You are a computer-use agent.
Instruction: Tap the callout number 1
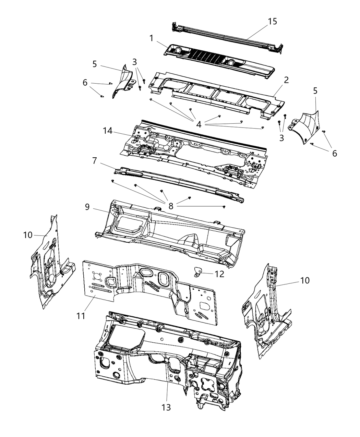point(151,38)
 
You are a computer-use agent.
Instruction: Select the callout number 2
point(286,80)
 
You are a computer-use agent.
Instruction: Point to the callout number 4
point(199,124)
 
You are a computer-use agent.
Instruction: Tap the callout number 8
point(171,206)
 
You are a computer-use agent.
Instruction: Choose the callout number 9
point(87,207)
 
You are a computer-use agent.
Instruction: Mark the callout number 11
point(81,315)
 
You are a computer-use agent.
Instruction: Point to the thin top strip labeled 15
point(226,34)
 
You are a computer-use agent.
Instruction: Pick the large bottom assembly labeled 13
point(161,353)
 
